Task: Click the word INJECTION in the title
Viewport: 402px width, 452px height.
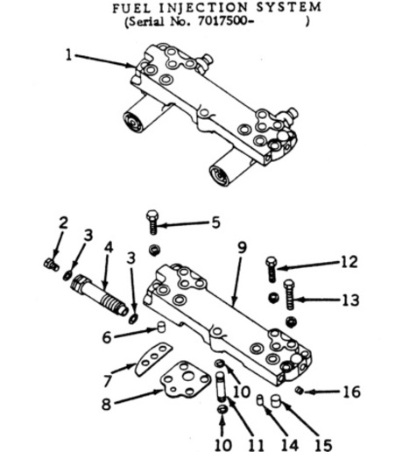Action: click(205, 8)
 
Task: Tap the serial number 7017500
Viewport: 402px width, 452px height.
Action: click(222, 21)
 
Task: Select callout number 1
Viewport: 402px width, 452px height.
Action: click(68, 55)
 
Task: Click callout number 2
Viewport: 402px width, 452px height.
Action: click(63, 222)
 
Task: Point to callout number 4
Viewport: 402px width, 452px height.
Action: click(109, 248)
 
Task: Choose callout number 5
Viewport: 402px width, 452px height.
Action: click(215, 223)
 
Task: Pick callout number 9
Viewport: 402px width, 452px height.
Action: click(242, 248)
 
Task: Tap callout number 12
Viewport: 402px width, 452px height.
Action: click(349, 262)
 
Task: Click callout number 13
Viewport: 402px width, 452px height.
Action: click(350, 300)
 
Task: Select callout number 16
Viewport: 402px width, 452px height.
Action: click(351, 392)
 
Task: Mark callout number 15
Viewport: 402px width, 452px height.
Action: click(323, 446)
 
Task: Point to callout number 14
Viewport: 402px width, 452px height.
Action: click(290, 446)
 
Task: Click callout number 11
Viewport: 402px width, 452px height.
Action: click(256, 446)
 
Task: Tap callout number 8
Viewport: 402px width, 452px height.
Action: click(106, 405)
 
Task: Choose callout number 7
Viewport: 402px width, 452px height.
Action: click(108, 381)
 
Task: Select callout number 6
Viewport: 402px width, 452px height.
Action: click(107, 337)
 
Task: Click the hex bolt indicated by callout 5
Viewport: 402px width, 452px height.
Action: click(152, 222)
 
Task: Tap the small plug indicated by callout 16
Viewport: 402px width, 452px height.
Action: click(298, 390)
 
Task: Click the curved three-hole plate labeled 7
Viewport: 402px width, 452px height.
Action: click(153, 359)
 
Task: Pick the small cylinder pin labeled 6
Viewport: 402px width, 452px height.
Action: click(161, 327)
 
